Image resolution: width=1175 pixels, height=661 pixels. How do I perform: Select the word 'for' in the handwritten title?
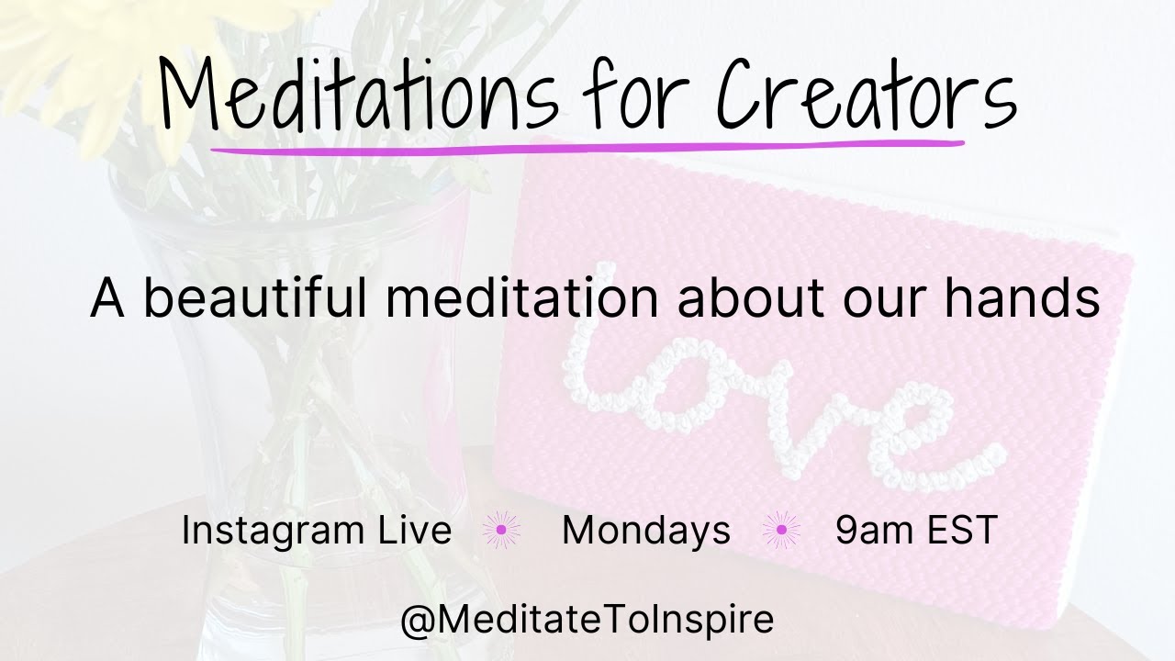(633, 96)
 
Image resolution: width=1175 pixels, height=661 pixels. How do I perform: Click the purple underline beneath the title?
(587, 146)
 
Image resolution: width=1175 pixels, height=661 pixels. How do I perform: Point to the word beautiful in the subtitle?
(258, 298)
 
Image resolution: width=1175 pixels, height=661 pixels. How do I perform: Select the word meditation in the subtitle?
(518, 298)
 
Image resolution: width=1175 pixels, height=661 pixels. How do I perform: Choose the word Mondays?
(646, 531)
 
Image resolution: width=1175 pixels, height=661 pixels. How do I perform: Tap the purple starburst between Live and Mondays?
(501, 530)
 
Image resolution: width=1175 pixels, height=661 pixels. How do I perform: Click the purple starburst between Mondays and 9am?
(781, 530)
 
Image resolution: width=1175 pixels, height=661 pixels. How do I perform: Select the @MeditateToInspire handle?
(587, 620)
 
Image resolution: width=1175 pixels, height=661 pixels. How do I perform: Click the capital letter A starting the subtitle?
(107, 298)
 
